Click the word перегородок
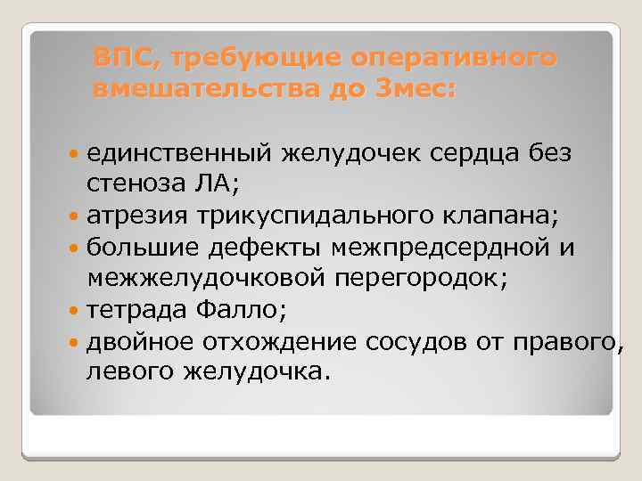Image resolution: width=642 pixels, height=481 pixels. click(421, 278)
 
